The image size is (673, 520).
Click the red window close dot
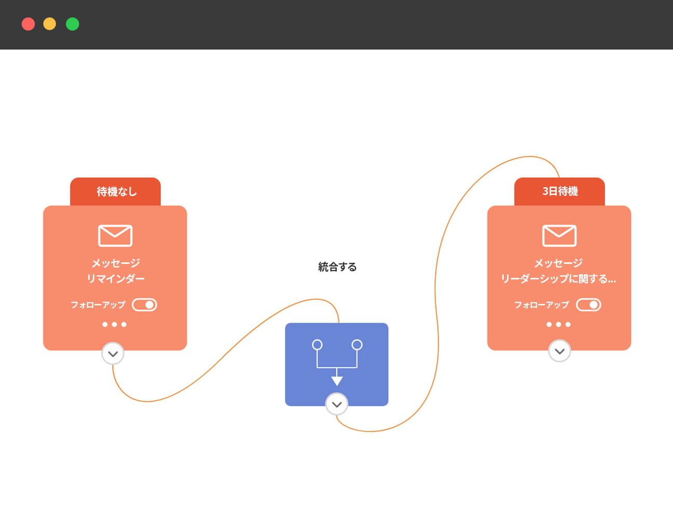(x=28, y=24)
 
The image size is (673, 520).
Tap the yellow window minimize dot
(x=50, y=24)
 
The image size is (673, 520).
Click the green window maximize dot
(x=73, y=24)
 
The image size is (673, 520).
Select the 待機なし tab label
(x=116, y=191)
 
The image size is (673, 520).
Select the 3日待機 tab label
(x=560, y=191)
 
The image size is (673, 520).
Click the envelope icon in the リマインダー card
(x=115, y=236)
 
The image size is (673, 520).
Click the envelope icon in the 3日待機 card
(x=559, y=236)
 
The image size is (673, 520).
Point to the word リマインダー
(x=116, y=279)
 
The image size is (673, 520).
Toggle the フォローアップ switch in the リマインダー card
(x=145, y=305)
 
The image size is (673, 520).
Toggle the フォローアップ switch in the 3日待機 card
(x=588, y=305)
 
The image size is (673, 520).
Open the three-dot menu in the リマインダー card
(x=114, y=325)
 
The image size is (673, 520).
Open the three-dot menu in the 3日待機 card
(x=558, y=325)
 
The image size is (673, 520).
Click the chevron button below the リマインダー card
(x=113, y=354)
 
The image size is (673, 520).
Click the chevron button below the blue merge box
(x=337, y=404)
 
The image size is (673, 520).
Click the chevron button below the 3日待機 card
(x=559, y=352)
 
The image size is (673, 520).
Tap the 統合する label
(x=337, y=267)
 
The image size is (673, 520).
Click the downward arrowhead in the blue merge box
(x=337, y=381)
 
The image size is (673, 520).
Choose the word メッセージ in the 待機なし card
(x=116, y=263)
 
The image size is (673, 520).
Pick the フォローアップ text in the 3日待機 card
(x=541, y=305)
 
